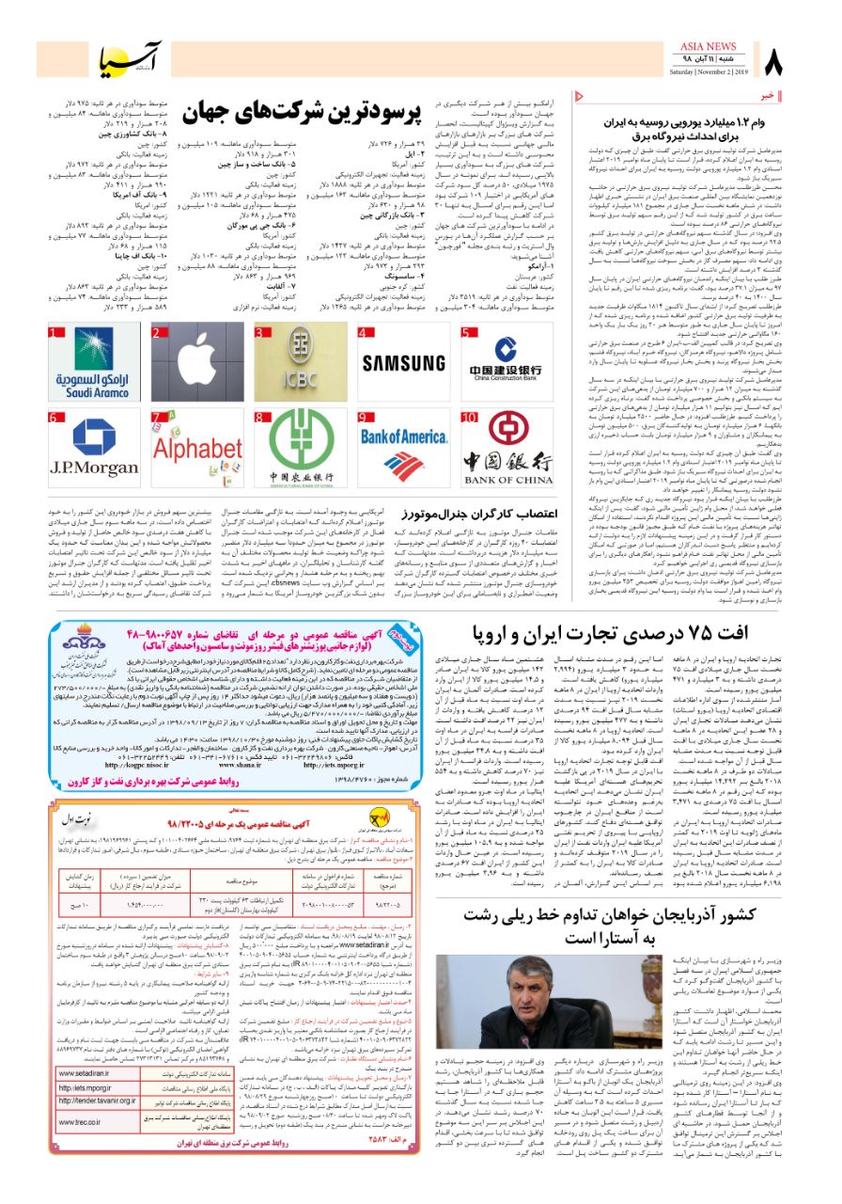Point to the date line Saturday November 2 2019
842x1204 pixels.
(708, 71)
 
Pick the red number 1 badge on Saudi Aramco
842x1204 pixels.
(56, 332)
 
